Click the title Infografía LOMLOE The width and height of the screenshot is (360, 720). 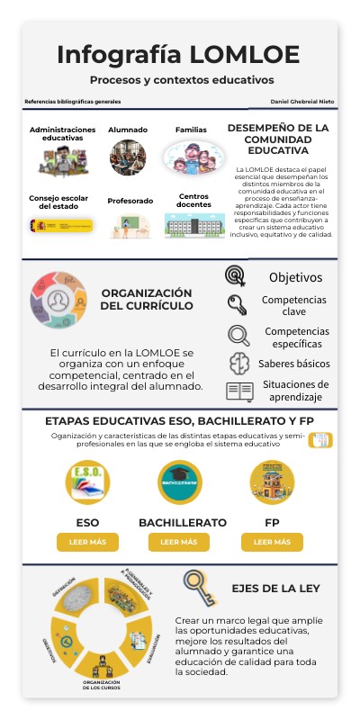[179, 55]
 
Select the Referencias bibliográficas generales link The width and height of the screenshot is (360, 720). [72, 102]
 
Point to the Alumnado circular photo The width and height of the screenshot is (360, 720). [128, 158]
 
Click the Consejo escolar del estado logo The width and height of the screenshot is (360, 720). [61, 224]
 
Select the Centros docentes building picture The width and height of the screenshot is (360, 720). [194, 225]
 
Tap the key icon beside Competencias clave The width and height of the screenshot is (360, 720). [237, 304]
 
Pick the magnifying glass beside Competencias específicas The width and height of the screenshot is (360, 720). [238, 335]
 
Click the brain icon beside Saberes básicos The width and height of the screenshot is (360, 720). [238, 364]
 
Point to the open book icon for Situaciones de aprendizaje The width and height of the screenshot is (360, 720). [239, 391]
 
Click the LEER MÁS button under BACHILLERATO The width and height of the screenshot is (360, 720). [179, 542]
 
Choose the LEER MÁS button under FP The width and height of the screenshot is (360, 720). [272, 542]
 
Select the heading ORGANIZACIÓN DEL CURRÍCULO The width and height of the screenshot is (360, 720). [147, 299]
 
